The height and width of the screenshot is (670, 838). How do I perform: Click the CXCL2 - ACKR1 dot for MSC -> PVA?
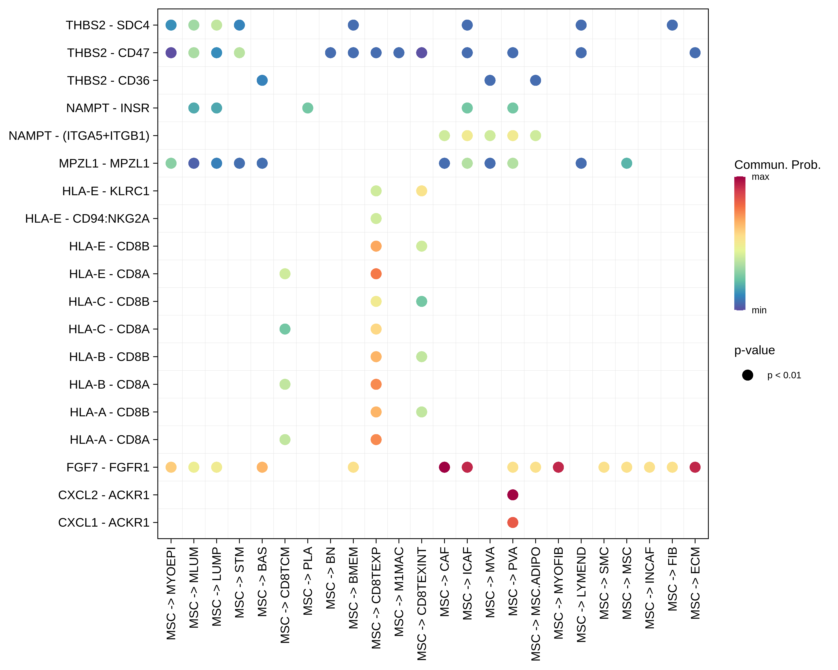tap(513, 495)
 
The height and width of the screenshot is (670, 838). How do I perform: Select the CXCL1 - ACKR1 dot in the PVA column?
tap(513, 522)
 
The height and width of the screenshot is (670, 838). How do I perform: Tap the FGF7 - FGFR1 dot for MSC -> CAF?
tap(444, 467)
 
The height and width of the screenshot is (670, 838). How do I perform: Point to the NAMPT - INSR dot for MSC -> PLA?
tap(307, 108)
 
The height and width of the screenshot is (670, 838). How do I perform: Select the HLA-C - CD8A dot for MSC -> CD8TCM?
tap(285, 329)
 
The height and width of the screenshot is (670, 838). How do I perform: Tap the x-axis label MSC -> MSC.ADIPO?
tap(536, 604)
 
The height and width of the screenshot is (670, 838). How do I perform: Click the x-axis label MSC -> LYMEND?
tap(581, 594)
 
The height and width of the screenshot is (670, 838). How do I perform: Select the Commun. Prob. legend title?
tap(777, 165)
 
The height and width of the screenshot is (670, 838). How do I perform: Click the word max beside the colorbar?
tap(760, 177)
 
